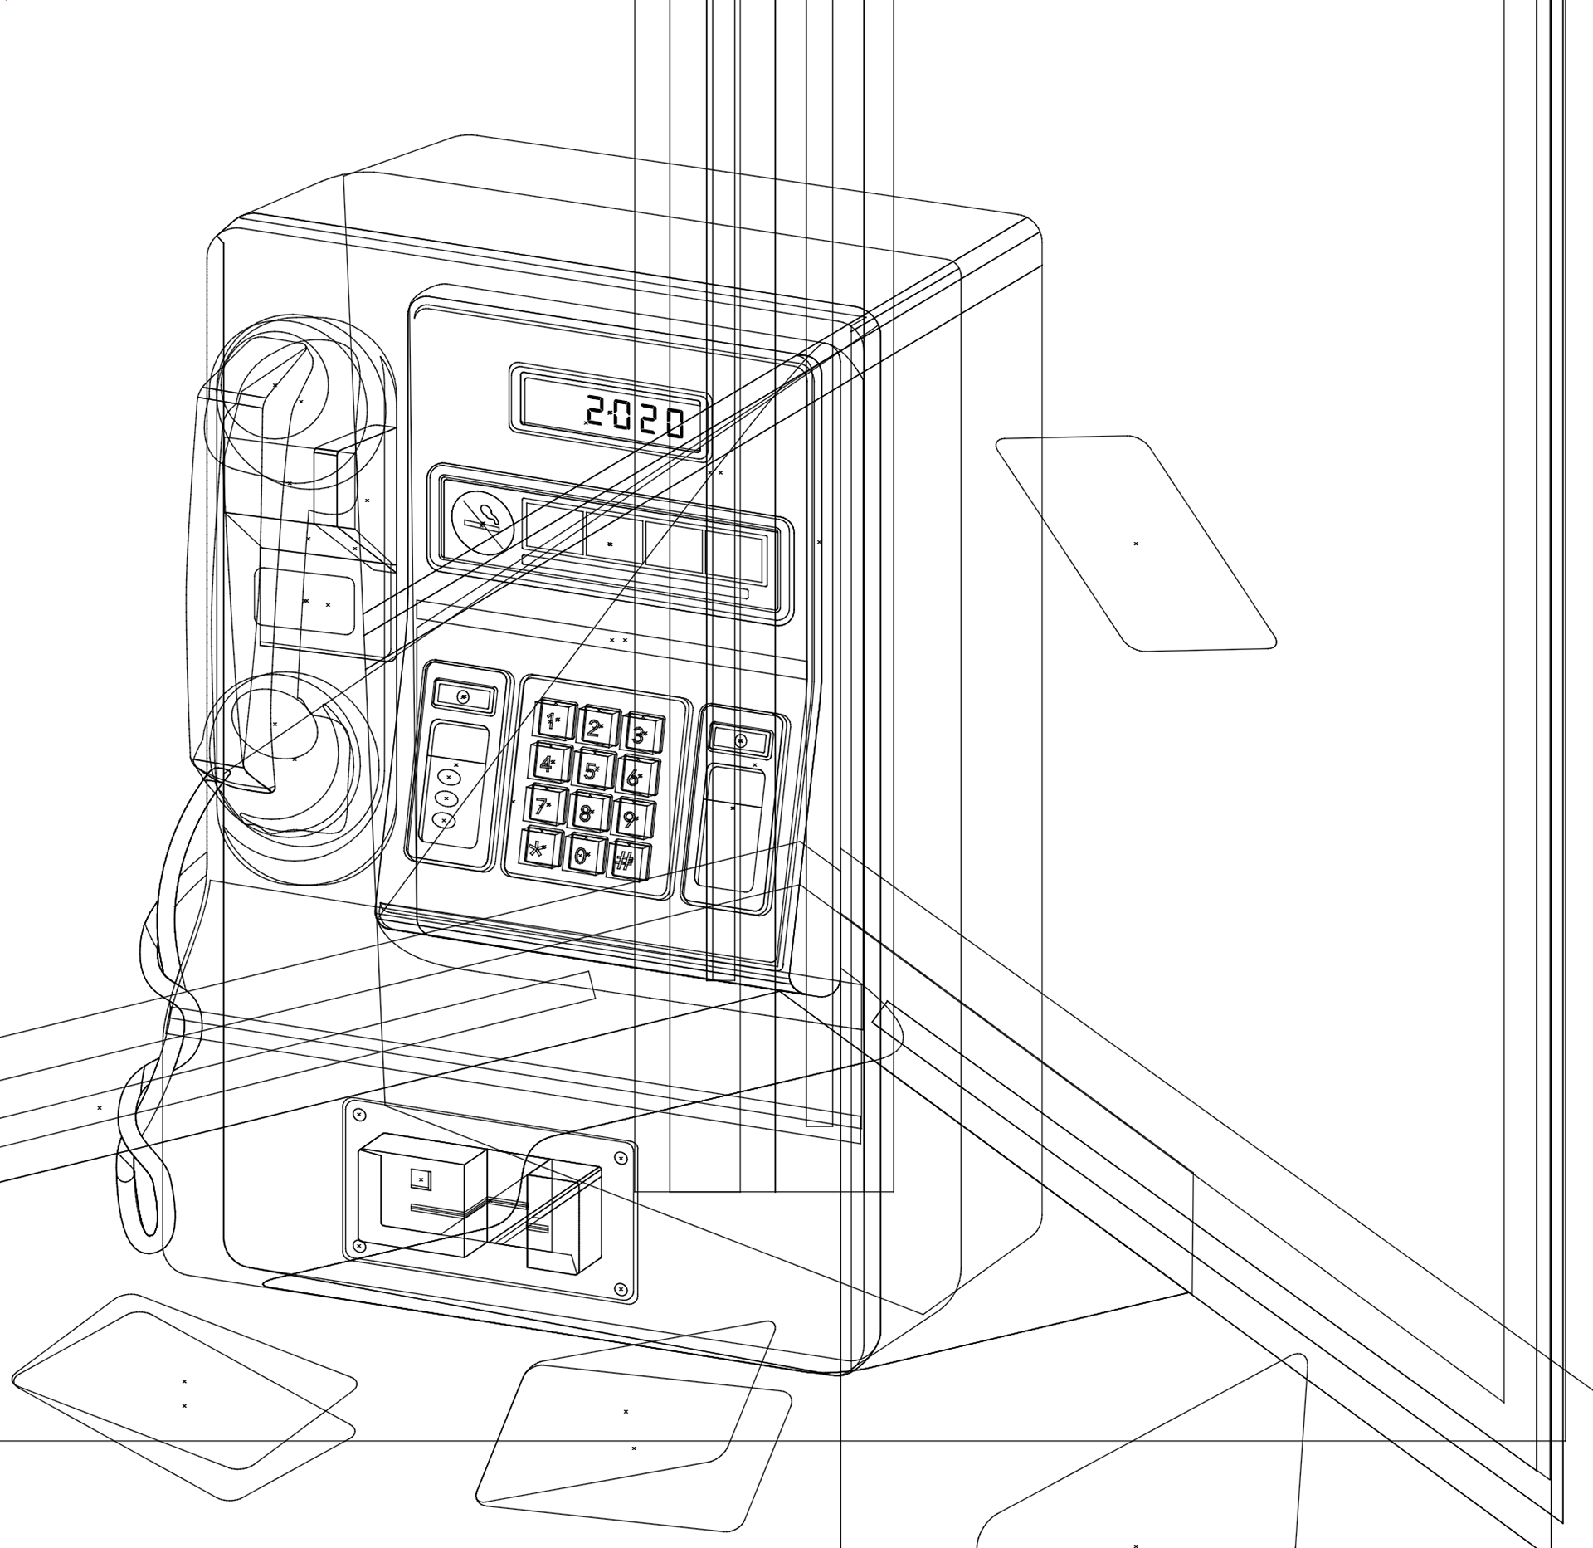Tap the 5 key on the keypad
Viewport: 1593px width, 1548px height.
pos(591,769)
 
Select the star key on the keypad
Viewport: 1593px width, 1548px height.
pos(540,847)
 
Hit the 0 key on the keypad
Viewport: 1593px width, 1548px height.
pos(582,855)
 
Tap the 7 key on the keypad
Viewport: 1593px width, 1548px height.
pos(543,804)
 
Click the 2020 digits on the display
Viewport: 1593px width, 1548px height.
pos(636,417)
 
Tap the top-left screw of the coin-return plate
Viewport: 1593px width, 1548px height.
pos(359,1114)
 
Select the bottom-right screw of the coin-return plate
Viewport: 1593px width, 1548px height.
pos(620,1288)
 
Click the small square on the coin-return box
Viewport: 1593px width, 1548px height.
pos(421,1179)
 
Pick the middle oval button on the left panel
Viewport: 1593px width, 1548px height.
pos(446,798)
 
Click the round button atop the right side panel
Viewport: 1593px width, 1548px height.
pos(741,741)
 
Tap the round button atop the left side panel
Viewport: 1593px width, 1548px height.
pos(463,696)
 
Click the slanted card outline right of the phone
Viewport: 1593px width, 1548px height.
pos(1135,544)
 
